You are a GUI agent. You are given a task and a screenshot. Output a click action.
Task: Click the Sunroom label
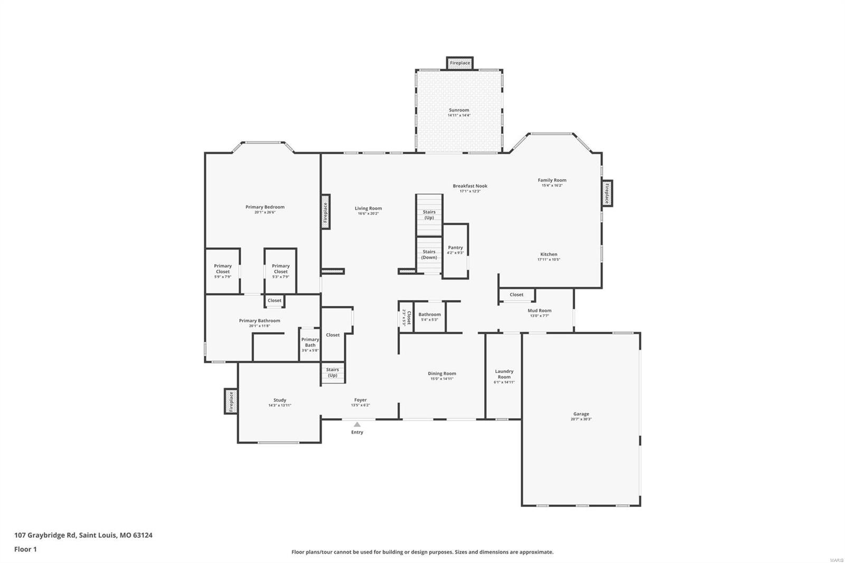coord(459,110)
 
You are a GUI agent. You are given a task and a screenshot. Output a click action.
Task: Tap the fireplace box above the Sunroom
coord(459,63)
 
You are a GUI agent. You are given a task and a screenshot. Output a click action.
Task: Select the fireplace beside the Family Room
coord(607,193)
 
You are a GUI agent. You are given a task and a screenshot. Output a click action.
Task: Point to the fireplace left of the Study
coord(231,401)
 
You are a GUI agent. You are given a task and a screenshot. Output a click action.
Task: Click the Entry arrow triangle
coord(357,424)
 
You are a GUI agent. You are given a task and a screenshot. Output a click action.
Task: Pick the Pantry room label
coord(455,247)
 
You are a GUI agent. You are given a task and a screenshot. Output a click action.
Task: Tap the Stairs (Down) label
coord(429,255)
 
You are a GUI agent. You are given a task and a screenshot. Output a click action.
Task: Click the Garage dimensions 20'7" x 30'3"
coord(581,419)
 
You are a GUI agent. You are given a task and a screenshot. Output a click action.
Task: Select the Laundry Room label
coord(504,374)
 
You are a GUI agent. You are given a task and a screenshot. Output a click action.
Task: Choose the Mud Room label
coord(539,311)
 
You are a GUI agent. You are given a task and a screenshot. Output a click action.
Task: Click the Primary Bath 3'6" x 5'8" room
coord(310,344)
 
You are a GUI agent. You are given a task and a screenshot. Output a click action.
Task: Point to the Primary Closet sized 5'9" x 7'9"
coord(222,270)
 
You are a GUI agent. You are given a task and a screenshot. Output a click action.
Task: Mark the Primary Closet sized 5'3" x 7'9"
coord(280,270)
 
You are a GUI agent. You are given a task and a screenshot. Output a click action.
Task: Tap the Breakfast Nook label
coord(470,186)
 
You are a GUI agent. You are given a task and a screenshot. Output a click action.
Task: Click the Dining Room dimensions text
coord(442,379)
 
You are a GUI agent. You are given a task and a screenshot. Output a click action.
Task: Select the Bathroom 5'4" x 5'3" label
coord(429,315)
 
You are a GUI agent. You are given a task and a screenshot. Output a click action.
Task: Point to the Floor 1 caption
coord(25,549)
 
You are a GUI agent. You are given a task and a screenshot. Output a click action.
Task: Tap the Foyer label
coord(360,400)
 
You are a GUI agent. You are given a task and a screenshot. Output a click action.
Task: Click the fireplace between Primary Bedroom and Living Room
coord(326,214)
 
